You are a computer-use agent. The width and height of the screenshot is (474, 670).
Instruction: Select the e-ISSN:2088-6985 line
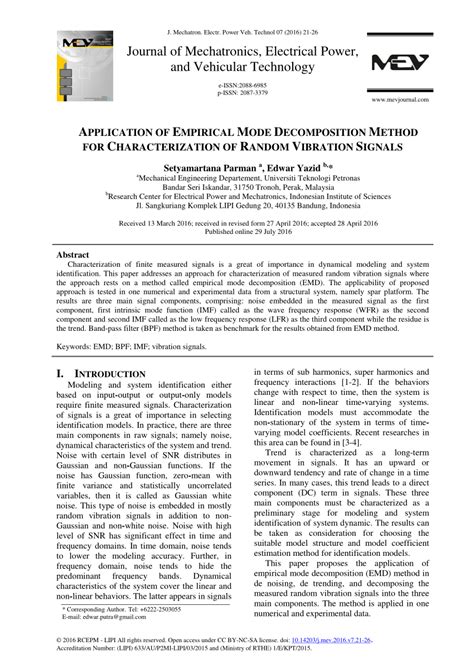coord(237,87)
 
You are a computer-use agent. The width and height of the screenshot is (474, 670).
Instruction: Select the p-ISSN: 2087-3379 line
coord(237,95)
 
